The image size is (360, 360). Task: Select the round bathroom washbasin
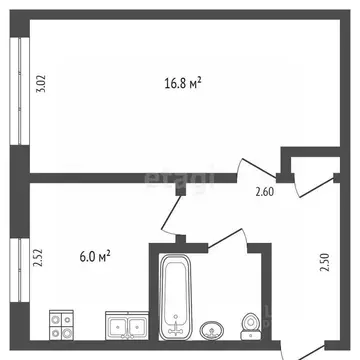coord(212,329)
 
